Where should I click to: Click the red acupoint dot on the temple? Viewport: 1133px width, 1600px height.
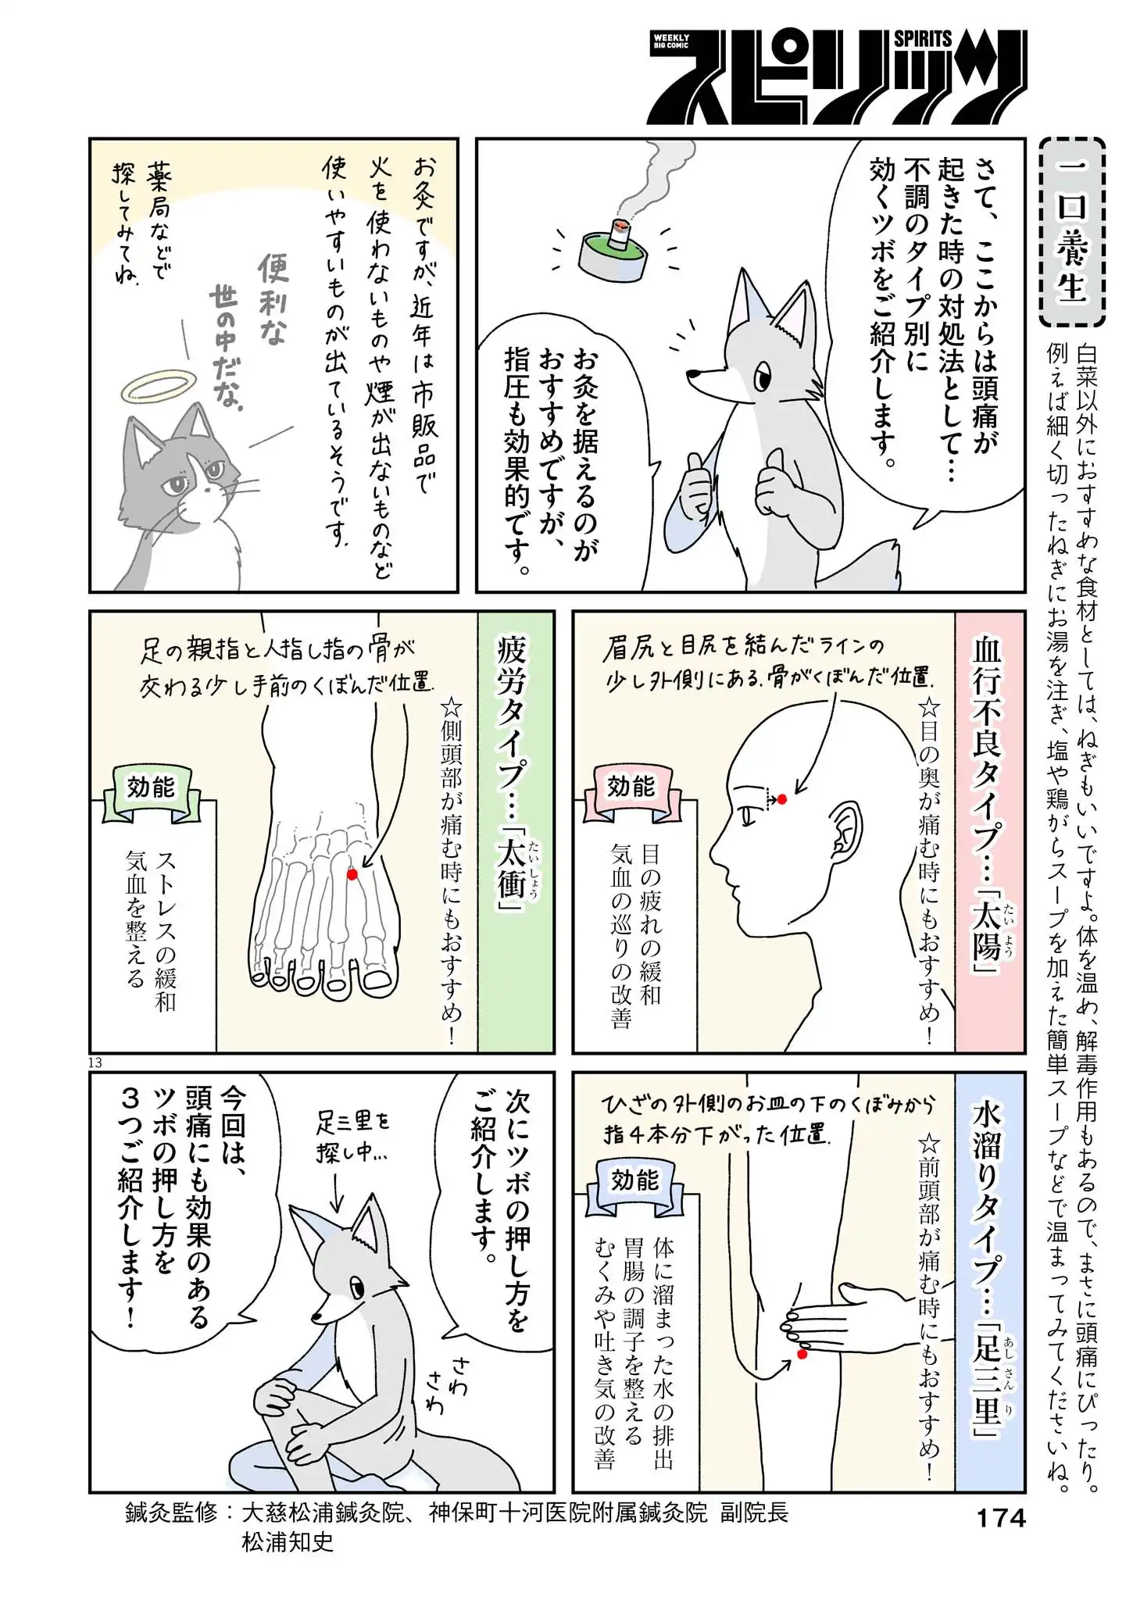(782, 799)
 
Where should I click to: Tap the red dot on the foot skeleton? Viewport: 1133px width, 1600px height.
(352, 874)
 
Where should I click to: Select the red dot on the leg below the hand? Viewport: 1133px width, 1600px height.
(801, 1354)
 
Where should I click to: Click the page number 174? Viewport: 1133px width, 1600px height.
(1001, 1517)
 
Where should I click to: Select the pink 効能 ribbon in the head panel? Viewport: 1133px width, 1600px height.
(631, 787)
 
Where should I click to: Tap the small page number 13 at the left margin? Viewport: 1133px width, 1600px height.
(95, 1062)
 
